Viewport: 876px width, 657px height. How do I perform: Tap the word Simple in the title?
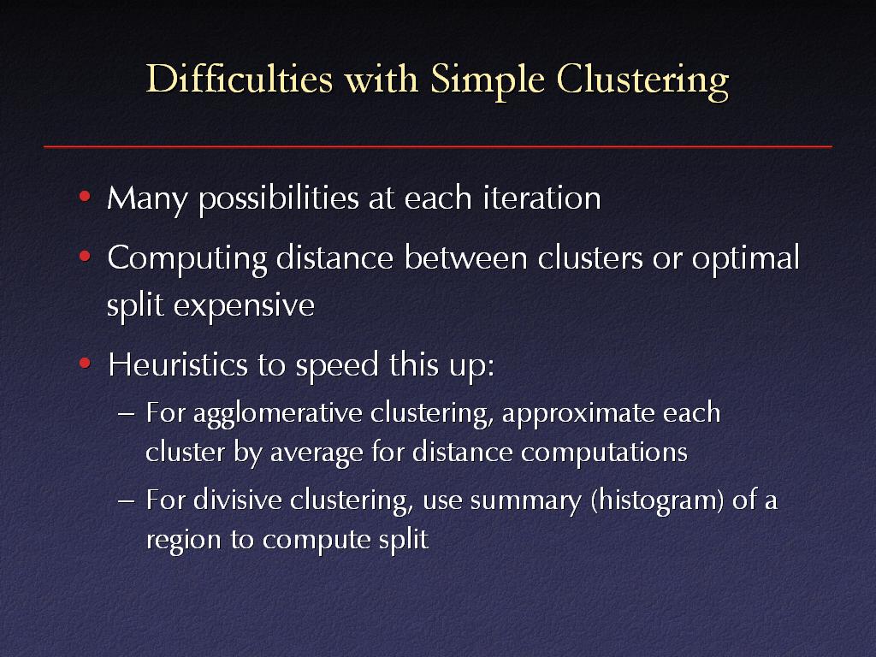[x=487, y=80]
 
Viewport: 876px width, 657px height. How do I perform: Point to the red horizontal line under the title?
[x=438, y=146]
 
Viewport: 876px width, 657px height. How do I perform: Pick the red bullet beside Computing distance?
[x=85, y=257]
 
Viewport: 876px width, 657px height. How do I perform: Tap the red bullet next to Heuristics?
[x=85, y=364]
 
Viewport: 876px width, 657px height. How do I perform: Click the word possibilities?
[x=279, y=198]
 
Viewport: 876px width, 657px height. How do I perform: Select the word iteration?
[x=542, y=198]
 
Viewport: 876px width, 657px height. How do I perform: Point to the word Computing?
[x=187, y=259]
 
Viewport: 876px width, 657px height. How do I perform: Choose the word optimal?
[x=746, y=259]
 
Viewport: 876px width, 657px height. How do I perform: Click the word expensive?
[x=244, y=306]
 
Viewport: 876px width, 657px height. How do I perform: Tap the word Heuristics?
[x=178, y=364]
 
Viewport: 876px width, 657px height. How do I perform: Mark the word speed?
[x=337, y=366]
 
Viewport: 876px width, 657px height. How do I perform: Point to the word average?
[x=317, y=453]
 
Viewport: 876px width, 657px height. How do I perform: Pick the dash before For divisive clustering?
[x=127, y=500]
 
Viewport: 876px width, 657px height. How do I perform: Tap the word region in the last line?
[x=183, y=541]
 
